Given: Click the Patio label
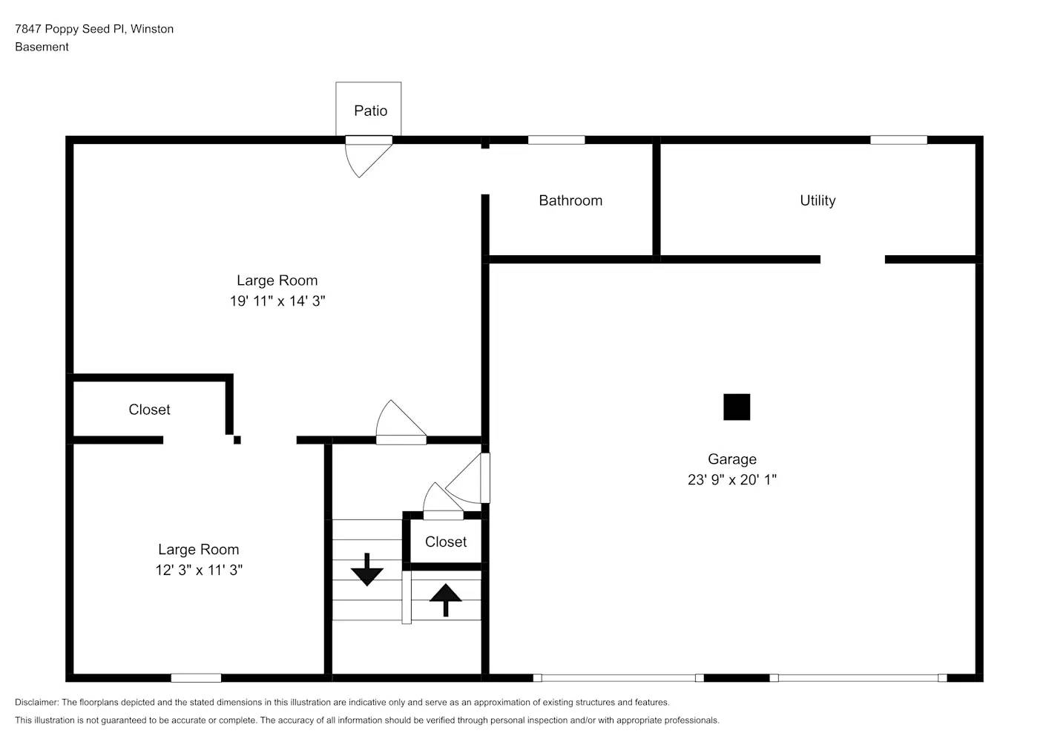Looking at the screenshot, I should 370,111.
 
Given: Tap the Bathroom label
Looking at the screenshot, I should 570,200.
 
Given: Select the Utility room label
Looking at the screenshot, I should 817,200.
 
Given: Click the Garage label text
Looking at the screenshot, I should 731,459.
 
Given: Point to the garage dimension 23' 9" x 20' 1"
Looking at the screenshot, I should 731,479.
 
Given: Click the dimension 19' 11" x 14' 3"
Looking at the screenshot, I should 277,301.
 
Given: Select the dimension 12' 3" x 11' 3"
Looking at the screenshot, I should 199,570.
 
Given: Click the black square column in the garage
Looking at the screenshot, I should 736,407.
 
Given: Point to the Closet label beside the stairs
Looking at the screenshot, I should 445,542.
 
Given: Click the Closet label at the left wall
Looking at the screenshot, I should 149,410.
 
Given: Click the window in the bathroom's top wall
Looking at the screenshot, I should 556,139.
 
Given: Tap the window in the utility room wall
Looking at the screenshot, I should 898,139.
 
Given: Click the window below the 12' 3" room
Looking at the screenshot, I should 196,677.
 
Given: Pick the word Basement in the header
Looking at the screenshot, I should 42,47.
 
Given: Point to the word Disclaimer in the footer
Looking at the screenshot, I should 36,702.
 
